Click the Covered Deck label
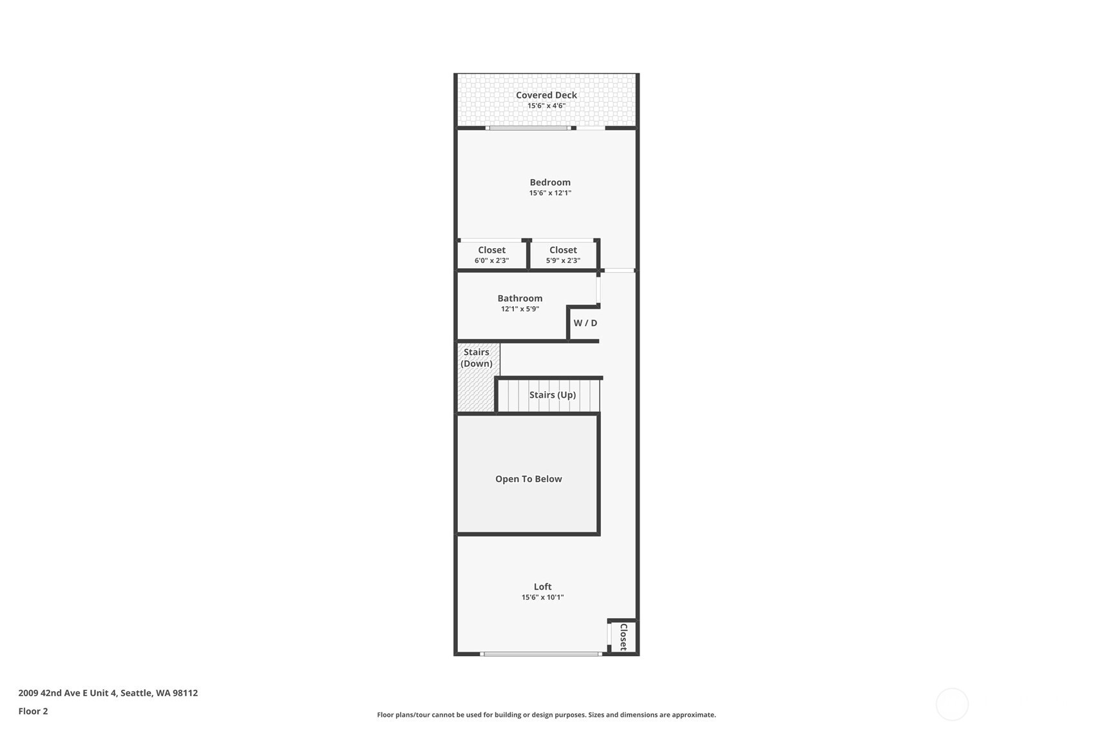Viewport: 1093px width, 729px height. (x=546, y=95)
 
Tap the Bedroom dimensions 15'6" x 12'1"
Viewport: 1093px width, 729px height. (x=550, y=193)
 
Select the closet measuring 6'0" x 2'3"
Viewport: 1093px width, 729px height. (x=491, y=255)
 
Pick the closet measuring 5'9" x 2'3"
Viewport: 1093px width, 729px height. (x=563, y=255)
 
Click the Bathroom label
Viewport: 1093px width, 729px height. (x=520, y=298)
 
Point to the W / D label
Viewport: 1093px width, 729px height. (x=585, y=323)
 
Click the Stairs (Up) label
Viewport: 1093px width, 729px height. (x=552, y=394)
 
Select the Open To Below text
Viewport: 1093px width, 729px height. (x=528, y=479)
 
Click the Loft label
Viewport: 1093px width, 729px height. (x=542, y=587)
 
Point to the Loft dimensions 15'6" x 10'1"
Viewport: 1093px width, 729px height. (x=542, y=598)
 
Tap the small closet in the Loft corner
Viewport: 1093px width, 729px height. (x=623, y=637)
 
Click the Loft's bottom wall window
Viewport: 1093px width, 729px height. (x=541, y=654)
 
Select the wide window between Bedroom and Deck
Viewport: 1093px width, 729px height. (x=528, y=128)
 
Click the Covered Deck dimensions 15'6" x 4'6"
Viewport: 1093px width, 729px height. (x=546, y=106)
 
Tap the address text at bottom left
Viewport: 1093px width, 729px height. (x=108, y=693)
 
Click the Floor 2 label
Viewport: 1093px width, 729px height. (x=33, y=711)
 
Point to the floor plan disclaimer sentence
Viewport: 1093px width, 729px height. (x=546, y=714)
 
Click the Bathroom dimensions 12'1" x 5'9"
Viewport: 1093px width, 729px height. (x=520, y=309)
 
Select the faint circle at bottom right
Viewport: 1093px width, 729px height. (x=952, y=704)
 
